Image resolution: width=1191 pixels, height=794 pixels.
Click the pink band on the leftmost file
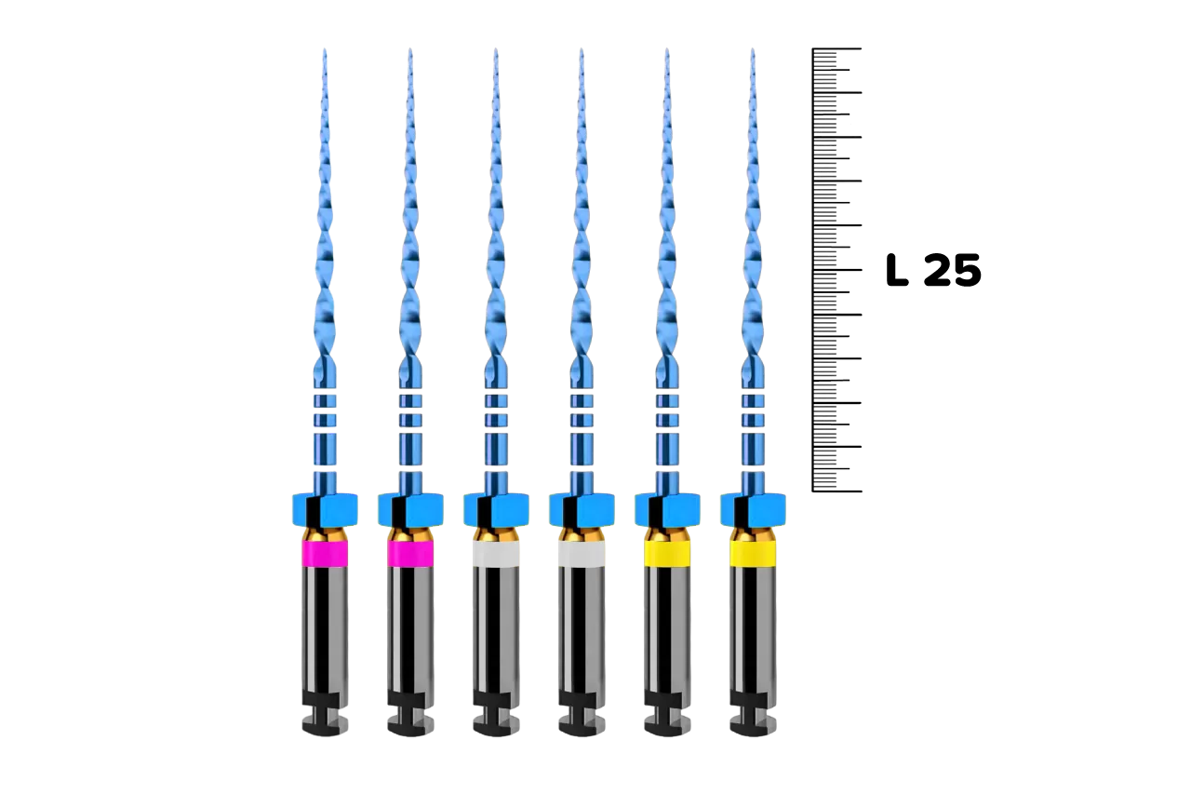(x=325, y=554)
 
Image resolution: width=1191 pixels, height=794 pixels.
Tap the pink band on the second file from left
(x=410, y=554)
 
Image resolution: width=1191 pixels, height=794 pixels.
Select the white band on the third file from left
(x=496, y=554)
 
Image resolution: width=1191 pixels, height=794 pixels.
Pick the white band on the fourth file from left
(x=582, y=554)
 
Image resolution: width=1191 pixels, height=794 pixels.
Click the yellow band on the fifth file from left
(x=667, y=554)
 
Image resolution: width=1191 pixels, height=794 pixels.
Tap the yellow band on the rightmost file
(x=753, y=554)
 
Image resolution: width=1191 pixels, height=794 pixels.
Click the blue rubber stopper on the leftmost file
(x=325, y=510)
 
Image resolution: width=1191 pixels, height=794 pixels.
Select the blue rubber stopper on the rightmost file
(x=753, y=510)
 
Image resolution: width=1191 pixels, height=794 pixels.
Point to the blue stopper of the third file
(x=496, y=510)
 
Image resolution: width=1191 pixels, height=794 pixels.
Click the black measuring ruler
(x=836, y=270)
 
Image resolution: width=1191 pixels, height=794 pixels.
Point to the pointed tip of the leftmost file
(x=325, y=53)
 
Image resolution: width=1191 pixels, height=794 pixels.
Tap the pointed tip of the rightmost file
(x=753, y=53)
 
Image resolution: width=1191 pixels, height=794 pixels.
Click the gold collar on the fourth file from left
(x=582, y=534)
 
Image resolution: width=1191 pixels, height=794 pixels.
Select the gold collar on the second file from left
(x=410, y=534)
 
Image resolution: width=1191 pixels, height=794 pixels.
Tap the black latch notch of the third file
(x=496, y=712)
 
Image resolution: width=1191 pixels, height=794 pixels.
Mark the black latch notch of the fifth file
(x=667, y=712)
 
